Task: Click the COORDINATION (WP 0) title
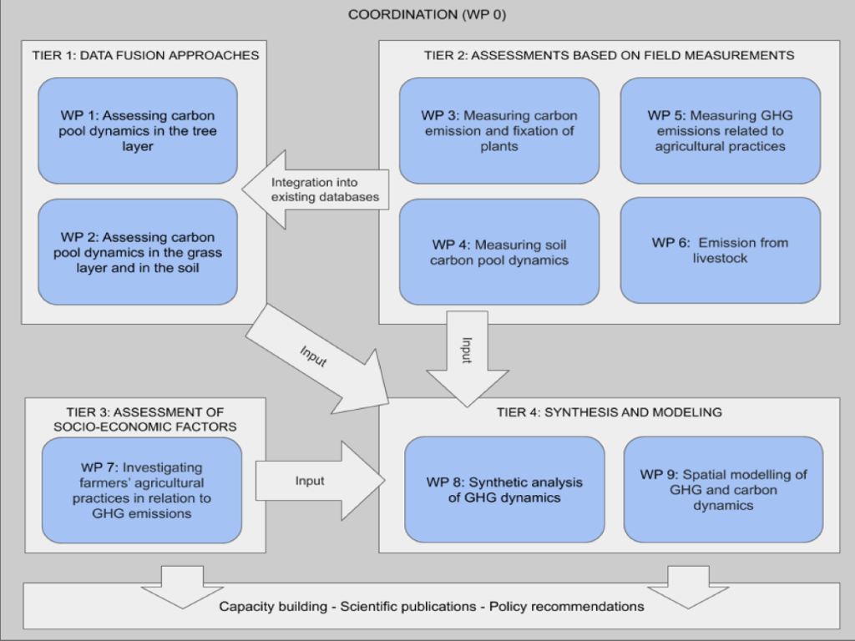(427, 15)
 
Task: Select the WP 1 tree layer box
(138, 131)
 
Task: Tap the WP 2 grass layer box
(138, 251)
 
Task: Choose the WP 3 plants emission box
(498, 131)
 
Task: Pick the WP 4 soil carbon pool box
(498, 252)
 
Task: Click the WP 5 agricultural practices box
(720, 131)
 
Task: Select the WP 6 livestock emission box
(720, 250)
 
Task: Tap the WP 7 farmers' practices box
(142, 491)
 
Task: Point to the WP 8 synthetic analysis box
(504, 490)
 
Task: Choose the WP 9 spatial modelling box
(723, 489)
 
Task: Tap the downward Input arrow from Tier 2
(468, 359)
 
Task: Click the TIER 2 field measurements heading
(609, 55)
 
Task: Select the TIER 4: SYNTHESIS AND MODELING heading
(609, 412)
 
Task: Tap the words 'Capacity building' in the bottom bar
(273, 607)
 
